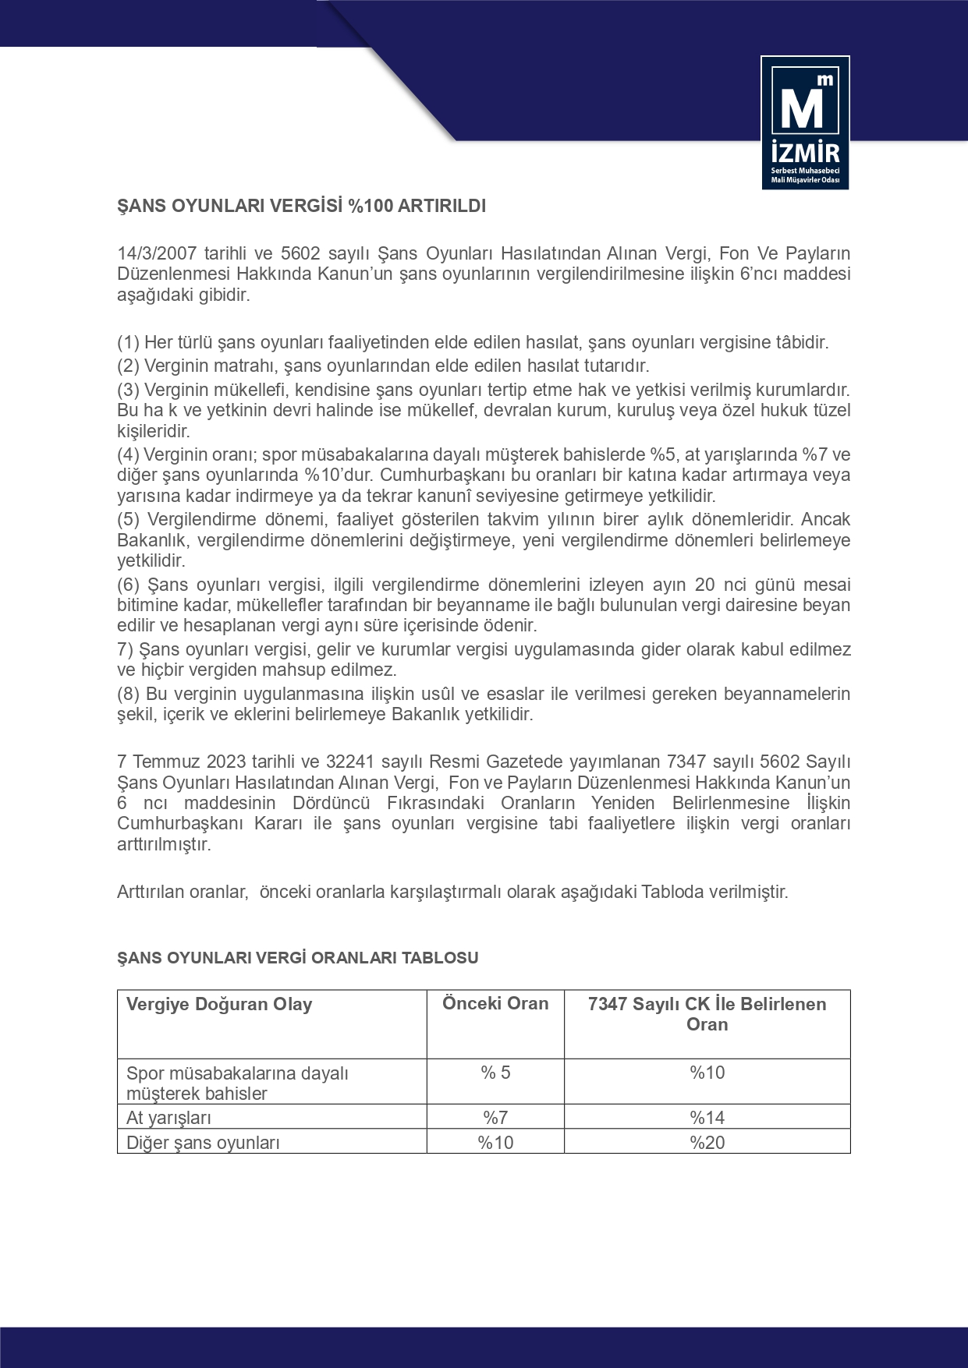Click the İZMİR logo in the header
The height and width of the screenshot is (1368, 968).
coord(805,122)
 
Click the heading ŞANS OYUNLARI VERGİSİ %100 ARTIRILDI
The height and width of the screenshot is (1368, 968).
coord(301,207)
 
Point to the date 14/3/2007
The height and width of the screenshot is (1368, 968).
coord(156,253)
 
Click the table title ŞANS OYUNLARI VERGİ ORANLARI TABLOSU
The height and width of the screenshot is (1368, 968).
coord(297,958)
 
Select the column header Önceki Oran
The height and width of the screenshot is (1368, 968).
coord(495,1004)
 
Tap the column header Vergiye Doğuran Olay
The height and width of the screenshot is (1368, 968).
coord(219,1005)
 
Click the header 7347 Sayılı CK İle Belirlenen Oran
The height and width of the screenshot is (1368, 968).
coord(707,1014)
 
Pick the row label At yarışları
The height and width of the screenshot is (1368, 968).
coord(168,1118)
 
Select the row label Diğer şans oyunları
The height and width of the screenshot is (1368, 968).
coord(203,1143)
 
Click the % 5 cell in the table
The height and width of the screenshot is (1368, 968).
coord(495,1073)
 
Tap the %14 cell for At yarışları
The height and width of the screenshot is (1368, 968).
coord(707,1118)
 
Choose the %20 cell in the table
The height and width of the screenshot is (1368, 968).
coord(707,1143)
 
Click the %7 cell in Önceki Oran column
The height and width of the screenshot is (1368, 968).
coord(495,1118)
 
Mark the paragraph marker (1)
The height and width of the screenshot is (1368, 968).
coord(128,342)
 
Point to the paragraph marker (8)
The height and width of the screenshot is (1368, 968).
coord(128,695)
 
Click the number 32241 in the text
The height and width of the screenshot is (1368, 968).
coord(349,762)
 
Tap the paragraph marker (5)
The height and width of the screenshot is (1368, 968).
coord(128,520)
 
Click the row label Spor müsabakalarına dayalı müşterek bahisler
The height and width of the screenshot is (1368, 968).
coord(237,1083)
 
